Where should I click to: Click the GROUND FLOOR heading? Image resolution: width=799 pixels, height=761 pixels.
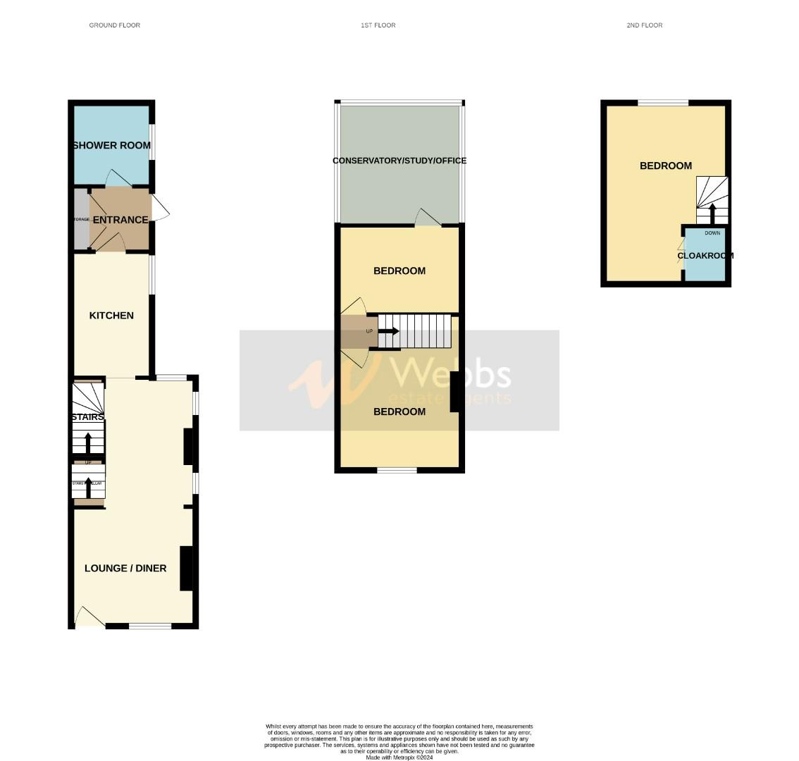click(x=114, y=25)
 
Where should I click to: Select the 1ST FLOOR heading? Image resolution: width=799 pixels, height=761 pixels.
click(x=378, y=25)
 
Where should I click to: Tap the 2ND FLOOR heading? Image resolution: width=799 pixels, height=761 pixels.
click(x=645, y=25)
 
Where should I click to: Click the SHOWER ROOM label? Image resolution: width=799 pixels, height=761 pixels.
click(x=111, y=146)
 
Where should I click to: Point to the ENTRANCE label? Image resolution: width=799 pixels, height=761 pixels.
click(x=120, y=220)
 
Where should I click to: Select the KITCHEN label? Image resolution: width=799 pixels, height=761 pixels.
click(x=111, y=316)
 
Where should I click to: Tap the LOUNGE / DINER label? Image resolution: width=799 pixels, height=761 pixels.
click(x=125, y=568)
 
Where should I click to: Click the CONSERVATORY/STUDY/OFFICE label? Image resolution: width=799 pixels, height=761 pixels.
click(x=399, y=161)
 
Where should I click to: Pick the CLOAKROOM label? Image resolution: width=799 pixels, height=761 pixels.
click(x=705, y=256)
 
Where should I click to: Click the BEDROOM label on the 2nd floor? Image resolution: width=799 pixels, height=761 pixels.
click(x=666, y=166)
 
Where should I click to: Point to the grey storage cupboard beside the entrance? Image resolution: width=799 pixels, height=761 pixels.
click(x=82, y=219)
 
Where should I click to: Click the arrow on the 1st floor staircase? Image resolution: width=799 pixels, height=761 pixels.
click(x=390, y=331)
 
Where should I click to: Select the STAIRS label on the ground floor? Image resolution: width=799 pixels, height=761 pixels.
click(x=87, y=417)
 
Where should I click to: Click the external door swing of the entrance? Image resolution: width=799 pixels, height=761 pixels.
click(x=160, y=207)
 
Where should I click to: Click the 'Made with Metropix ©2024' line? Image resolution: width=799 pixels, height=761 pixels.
click(x=399, y=757)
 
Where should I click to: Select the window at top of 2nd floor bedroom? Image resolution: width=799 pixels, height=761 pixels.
click(x=663, y=103)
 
